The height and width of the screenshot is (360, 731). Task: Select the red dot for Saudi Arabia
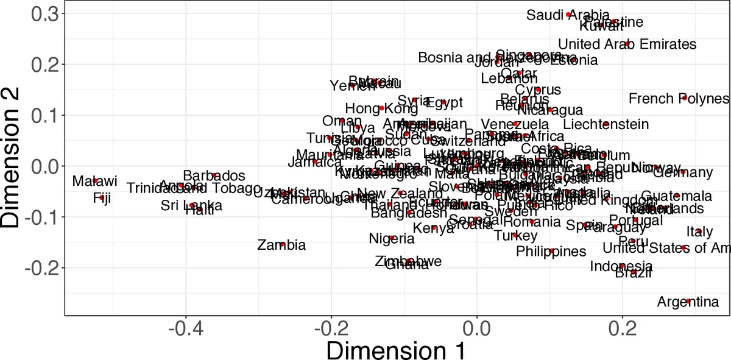click(568, 14)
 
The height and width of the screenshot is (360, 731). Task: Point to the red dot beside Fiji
click(102, 197)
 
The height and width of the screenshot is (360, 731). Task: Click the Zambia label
click(281, 245)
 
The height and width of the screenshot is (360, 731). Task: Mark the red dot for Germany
click(683, 172)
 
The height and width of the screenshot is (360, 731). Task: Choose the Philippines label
click(551, 251)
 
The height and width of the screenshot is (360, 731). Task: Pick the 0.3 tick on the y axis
click(44, 13)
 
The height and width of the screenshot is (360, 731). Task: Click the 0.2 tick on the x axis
click(622, 329)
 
